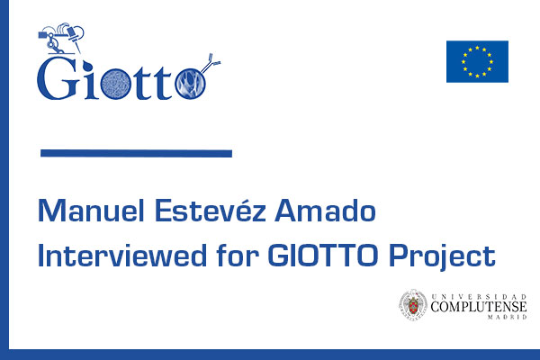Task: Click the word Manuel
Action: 91,210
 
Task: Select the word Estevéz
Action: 211,209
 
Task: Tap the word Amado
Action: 325,210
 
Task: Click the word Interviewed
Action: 122,255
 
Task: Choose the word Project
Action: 442,257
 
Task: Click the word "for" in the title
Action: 238,255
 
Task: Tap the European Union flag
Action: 477,62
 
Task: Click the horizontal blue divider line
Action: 136,153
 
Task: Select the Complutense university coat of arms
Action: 413,305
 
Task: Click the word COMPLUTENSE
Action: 479,306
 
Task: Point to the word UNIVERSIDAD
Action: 479,296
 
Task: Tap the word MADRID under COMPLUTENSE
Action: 507,317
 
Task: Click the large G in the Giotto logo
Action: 58,78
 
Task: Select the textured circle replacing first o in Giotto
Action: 115,84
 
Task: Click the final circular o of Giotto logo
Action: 191,84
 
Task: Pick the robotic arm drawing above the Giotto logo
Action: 61,38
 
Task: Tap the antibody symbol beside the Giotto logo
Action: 211,63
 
